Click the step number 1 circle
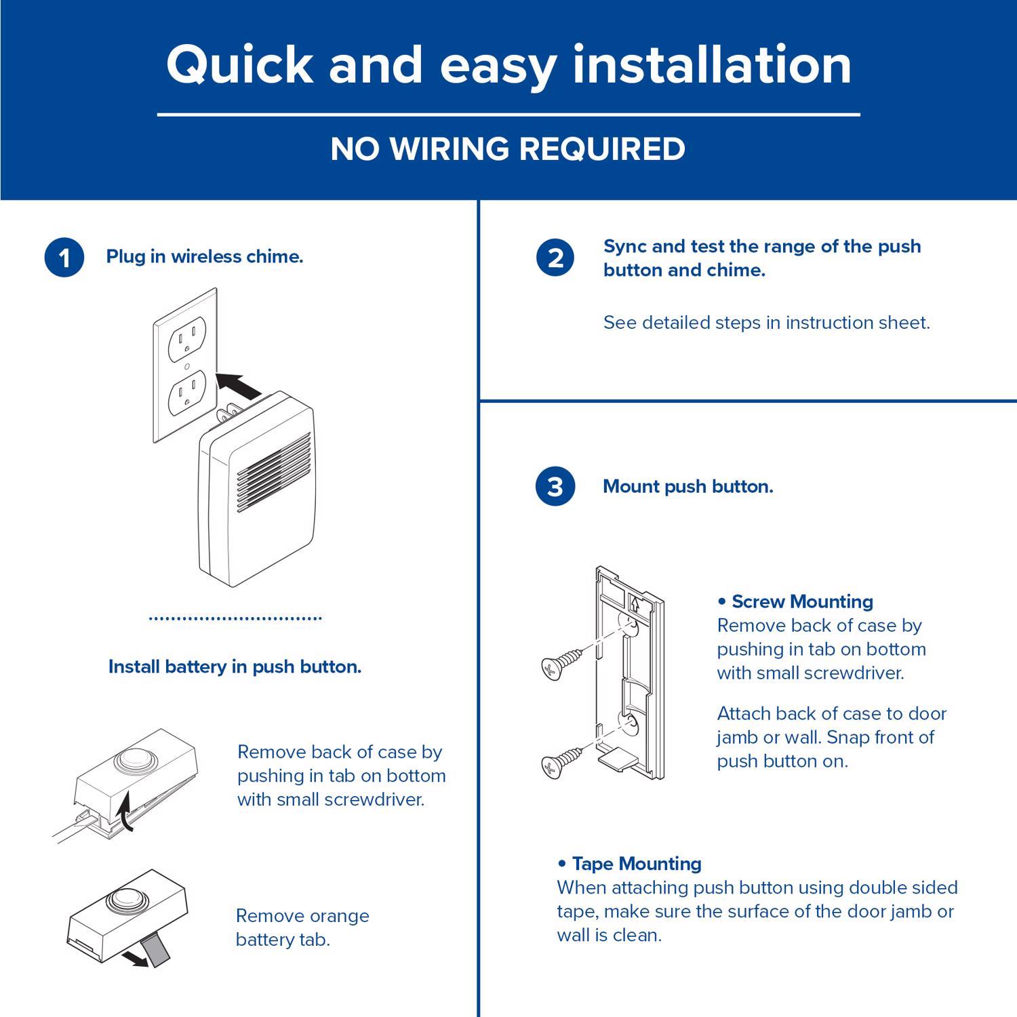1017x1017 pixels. click(64, 258)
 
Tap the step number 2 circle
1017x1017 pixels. click(555, 258)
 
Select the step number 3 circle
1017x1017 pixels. click(555, 487)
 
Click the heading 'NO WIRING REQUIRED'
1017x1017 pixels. click(508, 149)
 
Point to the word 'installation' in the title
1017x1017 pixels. click(712, 64)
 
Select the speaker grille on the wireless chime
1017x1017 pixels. click(274, 473)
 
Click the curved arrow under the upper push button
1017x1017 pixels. click(125, 814)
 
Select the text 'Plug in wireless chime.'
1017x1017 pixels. click(204, 257)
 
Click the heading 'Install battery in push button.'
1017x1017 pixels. click(235, 667)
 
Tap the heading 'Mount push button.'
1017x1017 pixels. click(687, 487)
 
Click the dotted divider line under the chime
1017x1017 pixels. click(235, 618)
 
